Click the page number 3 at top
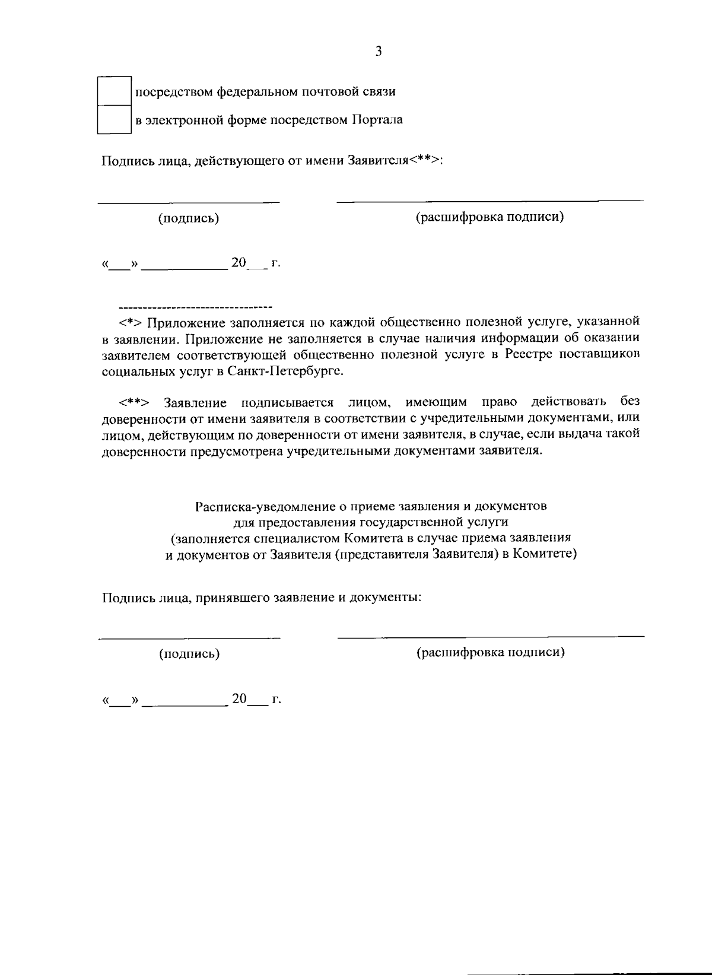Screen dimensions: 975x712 (379, 51)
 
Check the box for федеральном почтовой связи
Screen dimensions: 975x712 (114, 91)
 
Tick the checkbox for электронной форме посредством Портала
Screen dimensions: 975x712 (114, 120)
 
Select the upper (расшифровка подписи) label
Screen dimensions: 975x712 (490, 217)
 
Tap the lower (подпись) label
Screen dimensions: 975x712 (189, 654)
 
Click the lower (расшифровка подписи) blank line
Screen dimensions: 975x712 (490, 636)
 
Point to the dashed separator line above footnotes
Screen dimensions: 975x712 (195, 307)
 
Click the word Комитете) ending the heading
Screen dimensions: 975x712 (545, 554)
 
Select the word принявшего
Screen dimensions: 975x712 (232, 597)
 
